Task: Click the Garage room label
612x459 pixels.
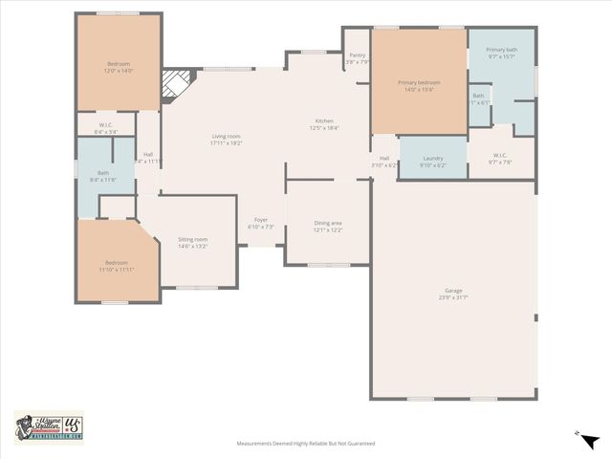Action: pyautogui.click(x=452, y=293)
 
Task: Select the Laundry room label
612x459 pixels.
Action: pyautogui.click(x=433, y=160)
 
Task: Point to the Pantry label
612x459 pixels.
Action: pyautogui.click(x=357, y=60)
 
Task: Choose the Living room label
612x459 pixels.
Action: pyautogui.click(x=227, y=140)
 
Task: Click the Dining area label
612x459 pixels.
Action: pyautogui.click(x=328, y=227)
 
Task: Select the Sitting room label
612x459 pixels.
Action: pyautogui.click(x=192, y=243)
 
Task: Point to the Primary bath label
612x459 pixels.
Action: pyautogui.click(x=501, y=53)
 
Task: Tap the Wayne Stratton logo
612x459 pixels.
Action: pyautogui.click(x=49, y=426)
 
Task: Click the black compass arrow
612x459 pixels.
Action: pyautogui.click(x=589, y=440)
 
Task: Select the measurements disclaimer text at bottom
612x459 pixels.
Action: pyautogui.click(x=306, y=444)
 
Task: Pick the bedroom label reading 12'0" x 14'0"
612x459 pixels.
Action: pyautogui.click(x=120, y=67)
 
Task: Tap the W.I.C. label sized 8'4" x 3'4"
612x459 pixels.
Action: pyautogui.click(x=107, y=129)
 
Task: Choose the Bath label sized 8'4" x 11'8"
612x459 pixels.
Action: pyautogui.click(x=102, y=177)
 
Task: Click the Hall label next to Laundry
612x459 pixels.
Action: pyautogui.click(x=384, y=162)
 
